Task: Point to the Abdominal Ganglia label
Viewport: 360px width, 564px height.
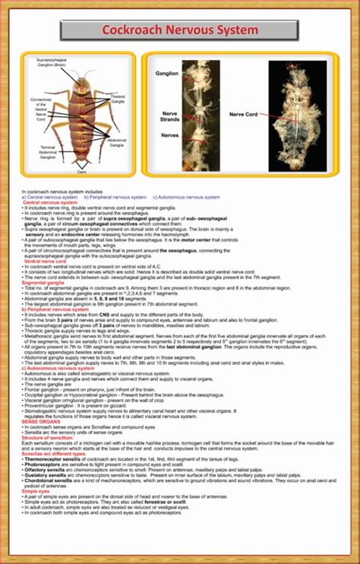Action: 117,142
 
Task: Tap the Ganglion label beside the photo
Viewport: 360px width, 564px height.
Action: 167,74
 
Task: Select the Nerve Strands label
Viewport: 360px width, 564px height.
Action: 169,117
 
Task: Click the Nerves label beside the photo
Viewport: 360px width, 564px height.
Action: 170,135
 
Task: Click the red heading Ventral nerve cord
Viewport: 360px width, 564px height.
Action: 44,261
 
